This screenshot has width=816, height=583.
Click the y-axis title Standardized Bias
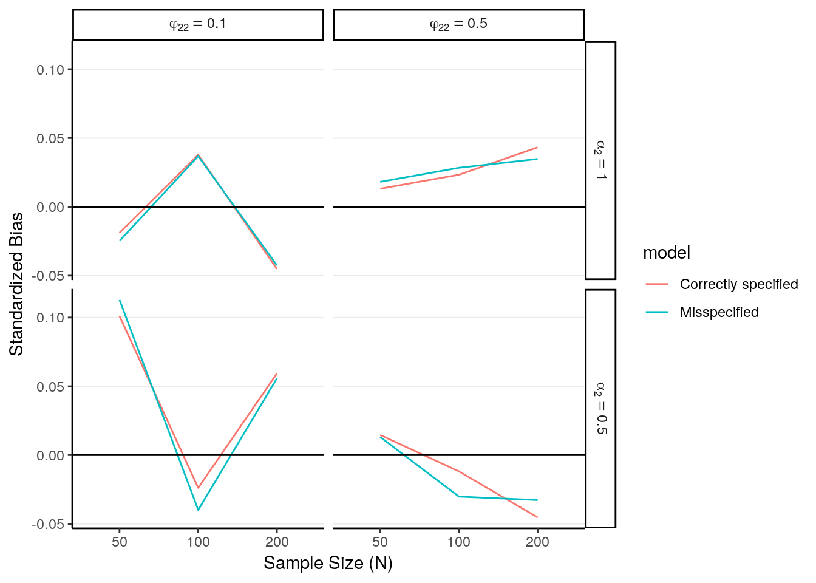coord(16,284)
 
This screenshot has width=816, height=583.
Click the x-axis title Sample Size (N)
coord(328,563)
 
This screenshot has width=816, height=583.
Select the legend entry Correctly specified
coord(738,284)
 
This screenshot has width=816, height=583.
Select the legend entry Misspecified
coord(719,312)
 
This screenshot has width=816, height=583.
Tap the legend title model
coord(666,253)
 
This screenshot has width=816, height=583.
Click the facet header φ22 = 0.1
coord(198,24)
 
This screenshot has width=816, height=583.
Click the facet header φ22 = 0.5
coord(458,24)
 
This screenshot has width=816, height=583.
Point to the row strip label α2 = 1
coord(600,160)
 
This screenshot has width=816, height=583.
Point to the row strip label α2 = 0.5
coord(600,408)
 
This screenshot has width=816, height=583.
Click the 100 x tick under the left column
coord(198,542)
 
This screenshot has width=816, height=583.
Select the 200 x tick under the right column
coord(537,542)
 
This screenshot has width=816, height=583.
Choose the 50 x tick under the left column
coord(120,542)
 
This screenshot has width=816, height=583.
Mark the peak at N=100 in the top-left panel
coord(198,155)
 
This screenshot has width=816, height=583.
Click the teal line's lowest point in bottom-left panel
coord(198,510)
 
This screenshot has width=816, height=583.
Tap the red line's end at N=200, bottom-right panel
coord(537,517)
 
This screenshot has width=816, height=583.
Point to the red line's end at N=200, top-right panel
coord(537,148)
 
